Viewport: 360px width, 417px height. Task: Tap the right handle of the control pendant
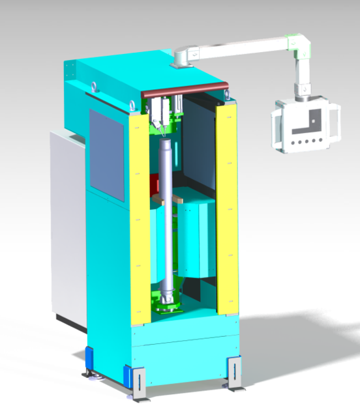click(335, 124)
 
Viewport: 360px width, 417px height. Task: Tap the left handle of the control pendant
click(277, 126)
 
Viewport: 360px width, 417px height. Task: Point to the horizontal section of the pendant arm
click(241, 48)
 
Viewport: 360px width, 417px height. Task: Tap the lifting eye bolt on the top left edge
click(95, 85)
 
